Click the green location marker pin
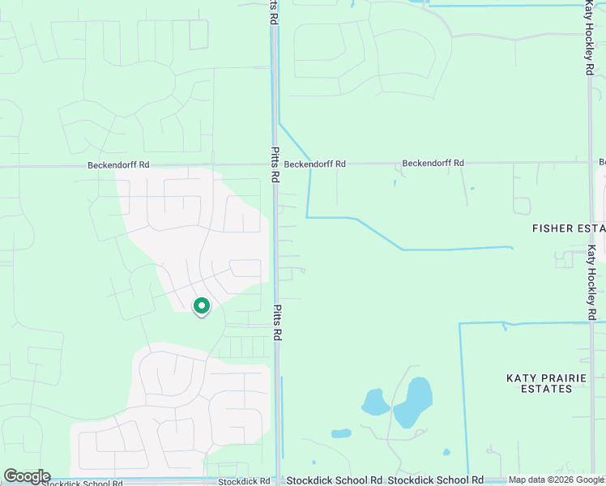tap(201, 306)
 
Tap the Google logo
tap(27, 476)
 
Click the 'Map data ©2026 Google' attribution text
tap(557, 480)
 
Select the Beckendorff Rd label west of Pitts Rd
tap(119, 165)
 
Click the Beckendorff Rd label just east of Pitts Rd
tap(315, 164)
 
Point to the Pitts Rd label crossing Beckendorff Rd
tap(275, 164)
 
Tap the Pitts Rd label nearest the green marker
tap(276, 322)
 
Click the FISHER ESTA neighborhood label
tap(568, 228)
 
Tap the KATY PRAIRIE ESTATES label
tap(540, 383)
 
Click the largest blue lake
tap(414, 402)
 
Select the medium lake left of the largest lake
tap(375, 402)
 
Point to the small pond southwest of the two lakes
tap(342, 433)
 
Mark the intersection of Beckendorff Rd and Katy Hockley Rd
tap(591, 163)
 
